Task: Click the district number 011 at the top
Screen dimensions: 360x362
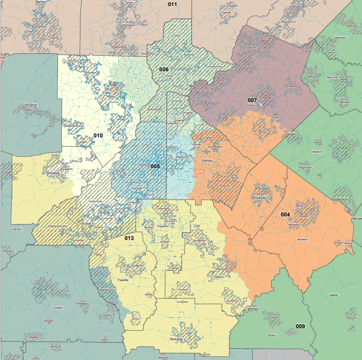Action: [x=173, y=4]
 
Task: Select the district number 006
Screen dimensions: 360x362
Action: [x=164, y=69]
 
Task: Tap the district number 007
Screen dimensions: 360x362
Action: [x=252, y=100]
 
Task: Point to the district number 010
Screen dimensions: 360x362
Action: [x=98, y=135]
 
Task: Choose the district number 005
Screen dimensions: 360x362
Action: [x=156, y=166]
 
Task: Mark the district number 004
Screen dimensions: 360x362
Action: [x=285, y=214]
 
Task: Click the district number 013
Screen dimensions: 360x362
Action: [x=129, y=238]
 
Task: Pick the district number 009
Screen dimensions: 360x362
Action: [x=300, y=326]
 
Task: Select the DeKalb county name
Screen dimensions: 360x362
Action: [x=206, y=161]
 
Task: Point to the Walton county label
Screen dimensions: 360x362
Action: [x=317, y=152]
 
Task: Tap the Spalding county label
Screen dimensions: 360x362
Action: [x=176, y=339]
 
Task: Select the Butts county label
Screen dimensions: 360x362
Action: [x=272, y=335]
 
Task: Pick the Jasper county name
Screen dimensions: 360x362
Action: [x=334, y=294]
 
